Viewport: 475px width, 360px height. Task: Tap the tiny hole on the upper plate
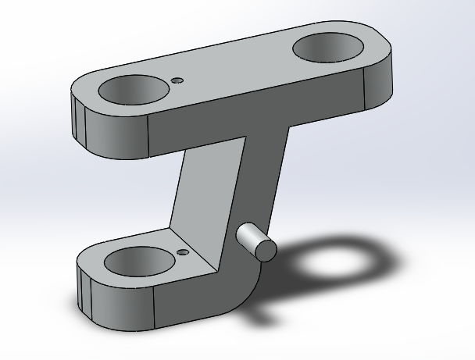(178, 80)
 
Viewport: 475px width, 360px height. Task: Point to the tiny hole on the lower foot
(183, 252)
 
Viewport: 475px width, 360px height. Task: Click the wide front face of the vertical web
(207, 195)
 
